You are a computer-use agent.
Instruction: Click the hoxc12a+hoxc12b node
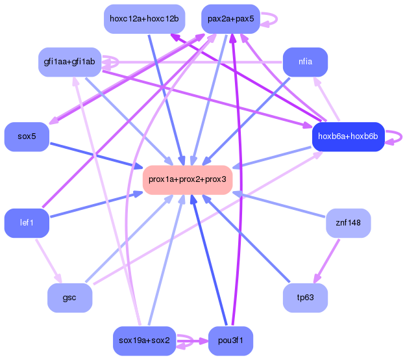pos(144,19)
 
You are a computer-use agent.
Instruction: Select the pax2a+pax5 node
pos(230,19)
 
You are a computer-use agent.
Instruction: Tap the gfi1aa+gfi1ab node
pos(69,62)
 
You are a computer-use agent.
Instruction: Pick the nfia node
pos(305,62)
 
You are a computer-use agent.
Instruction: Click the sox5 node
pos(27,136)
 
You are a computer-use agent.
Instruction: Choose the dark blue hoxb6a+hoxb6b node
pos(348,136)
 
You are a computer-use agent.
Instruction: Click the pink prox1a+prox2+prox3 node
pos(187,179)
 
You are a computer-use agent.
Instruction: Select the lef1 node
pos(27,223)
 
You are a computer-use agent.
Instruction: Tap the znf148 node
pos(348,223)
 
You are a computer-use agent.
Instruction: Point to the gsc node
pos(69,298)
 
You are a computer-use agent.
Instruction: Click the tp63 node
pos(305,298)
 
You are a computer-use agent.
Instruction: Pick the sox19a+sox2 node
pos(144,341)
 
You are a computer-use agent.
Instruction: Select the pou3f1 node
pos(230,341)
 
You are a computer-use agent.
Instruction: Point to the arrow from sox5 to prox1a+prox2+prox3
pos(97,155)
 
